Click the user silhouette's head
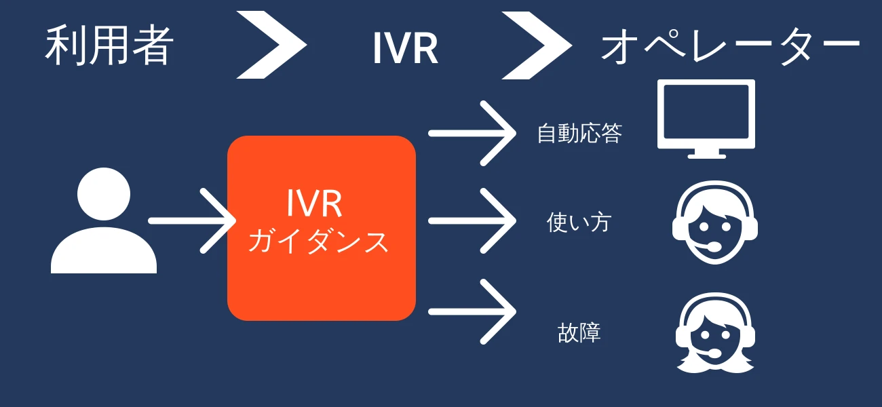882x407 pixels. point(104,193)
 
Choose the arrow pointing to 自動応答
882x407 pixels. point(472,133)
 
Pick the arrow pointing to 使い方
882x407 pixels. point(472,220)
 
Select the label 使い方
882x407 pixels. point(579,222)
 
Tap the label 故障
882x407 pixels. point(579,333)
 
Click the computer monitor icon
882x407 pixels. point(706,115)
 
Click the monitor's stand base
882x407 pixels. point(706,155)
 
